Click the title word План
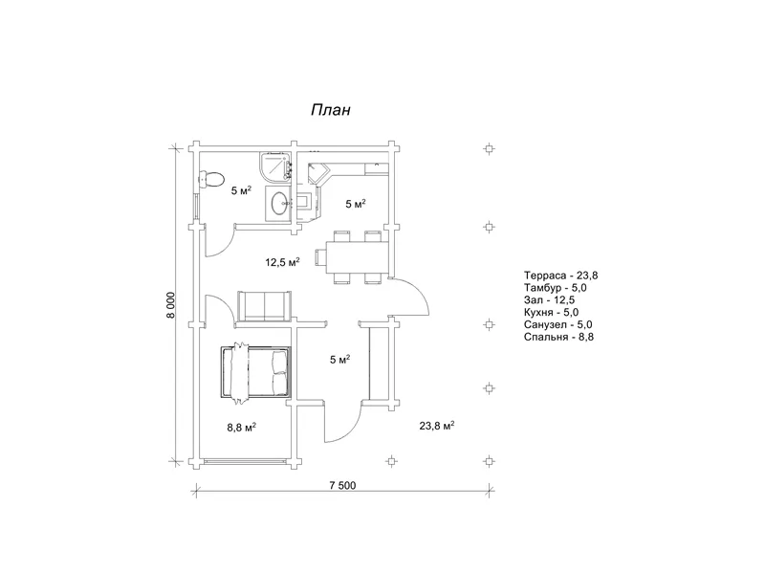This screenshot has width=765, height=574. pyautogui.click(x=331, y=110)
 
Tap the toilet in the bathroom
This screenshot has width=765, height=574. pyautogui.click(x=210, y=180)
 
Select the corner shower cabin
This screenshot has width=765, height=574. pyautogui.click(x=275, y=166)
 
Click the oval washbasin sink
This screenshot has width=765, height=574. pyautogui.click(x=279, y=203)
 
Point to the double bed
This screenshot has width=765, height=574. pyautogui.click(x=255, y=373)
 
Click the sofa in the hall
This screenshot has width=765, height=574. pyautogui.click(x=264, y=306)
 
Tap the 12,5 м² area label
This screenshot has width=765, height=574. pyautogui.click(x=282, y=262)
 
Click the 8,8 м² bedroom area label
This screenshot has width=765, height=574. pyautogui.click(x=242, y=428)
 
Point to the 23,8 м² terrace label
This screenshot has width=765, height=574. pyautogui.click(x=437, y=426)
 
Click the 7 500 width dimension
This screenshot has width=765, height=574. pyautogui.click(x=343, y=485)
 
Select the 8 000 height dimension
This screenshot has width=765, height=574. pyautogui.click(x=170, y=305)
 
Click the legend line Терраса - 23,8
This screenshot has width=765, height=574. pyautogui.click(x=561, y=276)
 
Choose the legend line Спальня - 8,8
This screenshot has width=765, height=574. pyautogui.click(x=559, y=337)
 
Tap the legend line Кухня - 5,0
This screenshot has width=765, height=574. pyautogui.click(x=552, y=313)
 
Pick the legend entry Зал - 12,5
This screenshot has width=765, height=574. pyautogui.click(x=549, y=300)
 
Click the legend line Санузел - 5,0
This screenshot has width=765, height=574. pyautogui.click(x=558, y=324)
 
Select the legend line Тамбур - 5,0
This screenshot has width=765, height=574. pyautogui.click(x=556, y=288)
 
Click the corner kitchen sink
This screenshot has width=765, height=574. pyautogui.click(x=317, y=174)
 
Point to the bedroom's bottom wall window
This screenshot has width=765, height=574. pyautogui.click(x=245, y=461)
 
